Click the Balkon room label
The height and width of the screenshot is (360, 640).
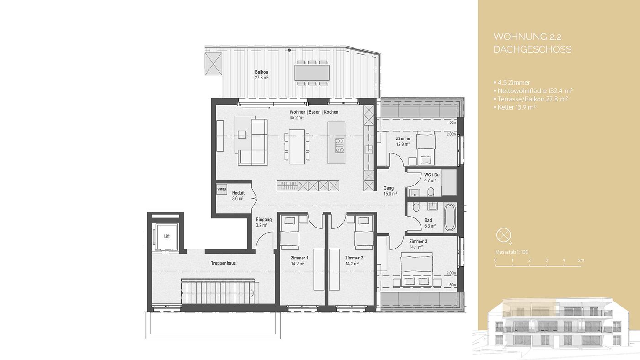261,72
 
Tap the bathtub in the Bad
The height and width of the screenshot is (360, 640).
450,217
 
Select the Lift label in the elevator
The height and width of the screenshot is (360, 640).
167,236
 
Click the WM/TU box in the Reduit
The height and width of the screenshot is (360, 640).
221,189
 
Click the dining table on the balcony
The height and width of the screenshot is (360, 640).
312,73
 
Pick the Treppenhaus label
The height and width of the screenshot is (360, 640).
224,263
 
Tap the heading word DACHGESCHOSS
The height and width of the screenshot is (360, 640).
533,49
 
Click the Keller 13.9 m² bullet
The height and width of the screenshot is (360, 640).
515,107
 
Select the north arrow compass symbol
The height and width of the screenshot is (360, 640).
503,236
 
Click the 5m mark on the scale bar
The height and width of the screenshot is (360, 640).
581,260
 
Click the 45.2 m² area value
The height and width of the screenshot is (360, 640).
296,117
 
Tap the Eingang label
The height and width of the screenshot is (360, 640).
263,220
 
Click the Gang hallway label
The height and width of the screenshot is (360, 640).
388,188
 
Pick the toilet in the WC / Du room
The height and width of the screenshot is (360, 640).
431,191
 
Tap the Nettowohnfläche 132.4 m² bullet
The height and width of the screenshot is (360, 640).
533,91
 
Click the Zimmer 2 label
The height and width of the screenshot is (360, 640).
354,258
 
